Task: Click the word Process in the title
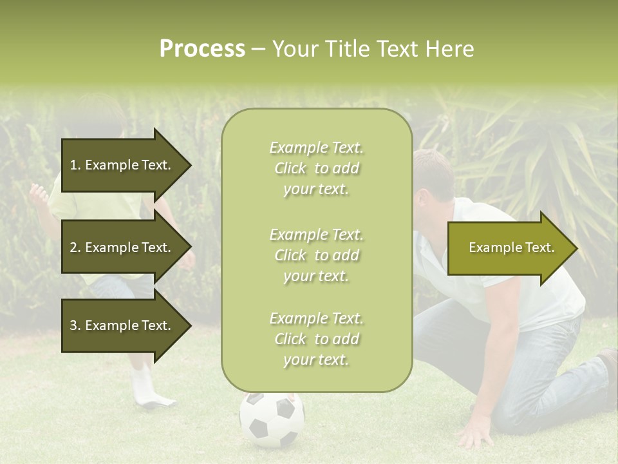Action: coord(202,49)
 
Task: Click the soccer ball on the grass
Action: coord(272,420)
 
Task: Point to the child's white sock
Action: coord(143,387)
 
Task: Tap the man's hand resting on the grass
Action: coord(475,430)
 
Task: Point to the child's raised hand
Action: coord(39,193)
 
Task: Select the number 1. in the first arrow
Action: coord(75,165)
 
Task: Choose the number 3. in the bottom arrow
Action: coord(75,325)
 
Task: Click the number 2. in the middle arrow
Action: coord(75,247)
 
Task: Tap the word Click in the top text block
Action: coord(290,169)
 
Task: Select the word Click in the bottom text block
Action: coord(290,340)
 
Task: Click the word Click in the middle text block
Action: coord(290,255)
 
